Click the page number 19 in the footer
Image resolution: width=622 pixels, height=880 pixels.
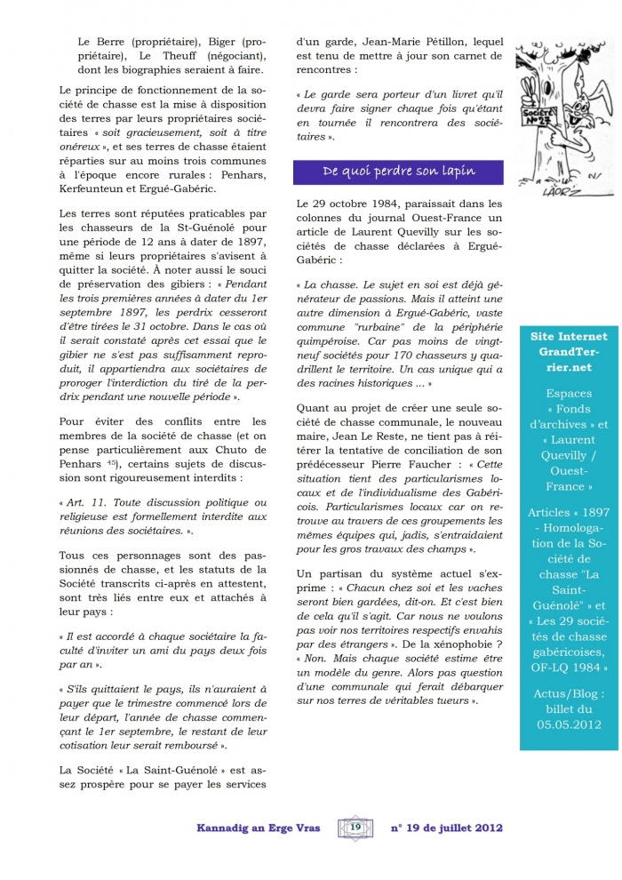(x=355, y=828)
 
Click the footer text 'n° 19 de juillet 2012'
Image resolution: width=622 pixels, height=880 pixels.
(x=447, y=828)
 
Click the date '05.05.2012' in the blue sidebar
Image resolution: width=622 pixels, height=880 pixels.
(x=569, y=724)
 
